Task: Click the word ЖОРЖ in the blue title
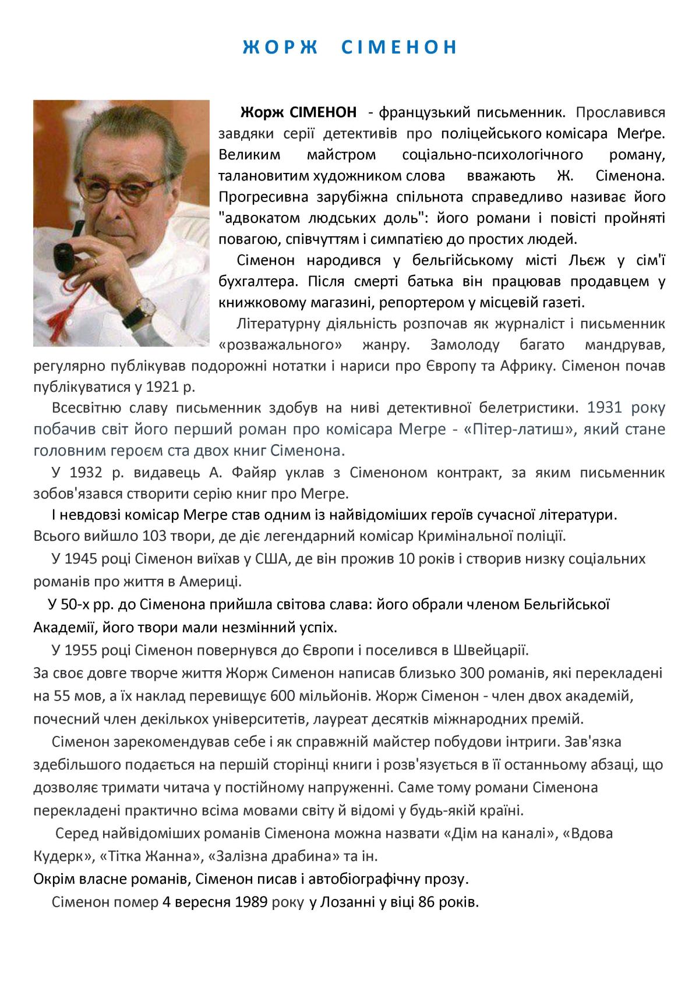click(x=280, y=47)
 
